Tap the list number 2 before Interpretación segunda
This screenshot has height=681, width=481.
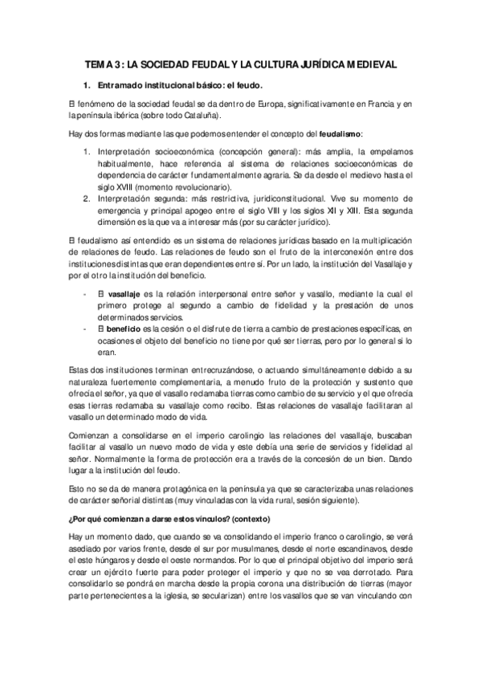pos(86,198)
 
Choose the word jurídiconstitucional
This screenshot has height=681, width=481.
pos(279,198)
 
